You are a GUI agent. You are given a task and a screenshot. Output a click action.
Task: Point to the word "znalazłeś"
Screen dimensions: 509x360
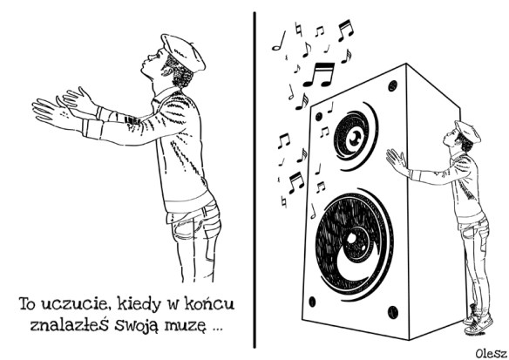tap(69, 324)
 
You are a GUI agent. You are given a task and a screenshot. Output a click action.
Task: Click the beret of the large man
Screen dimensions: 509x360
tap(183, 52)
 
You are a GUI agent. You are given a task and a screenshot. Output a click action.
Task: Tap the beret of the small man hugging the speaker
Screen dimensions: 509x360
tap(468, 131)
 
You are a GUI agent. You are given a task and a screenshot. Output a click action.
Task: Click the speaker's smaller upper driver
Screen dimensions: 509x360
tap(355, 136)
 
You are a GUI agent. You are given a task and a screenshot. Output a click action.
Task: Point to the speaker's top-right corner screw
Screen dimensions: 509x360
tap(393, 85)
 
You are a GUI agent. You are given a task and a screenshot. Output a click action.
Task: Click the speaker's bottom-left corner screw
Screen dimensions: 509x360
tap(312, 302)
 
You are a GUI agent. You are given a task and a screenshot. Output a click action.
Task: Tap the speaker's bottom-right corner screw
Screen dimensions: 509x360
tap(393, 312)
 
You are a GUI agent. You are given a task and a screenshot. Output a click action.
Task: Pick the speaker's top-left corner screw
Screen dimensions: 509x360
tap(319, 116)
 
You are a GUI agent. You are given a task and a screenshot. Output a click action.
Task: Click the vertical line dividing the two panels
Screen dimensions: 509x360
tap(254, 180)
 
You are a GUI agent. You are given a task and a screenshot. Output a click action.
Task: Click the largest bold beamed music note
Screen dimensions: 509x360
tap(319, 75)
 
